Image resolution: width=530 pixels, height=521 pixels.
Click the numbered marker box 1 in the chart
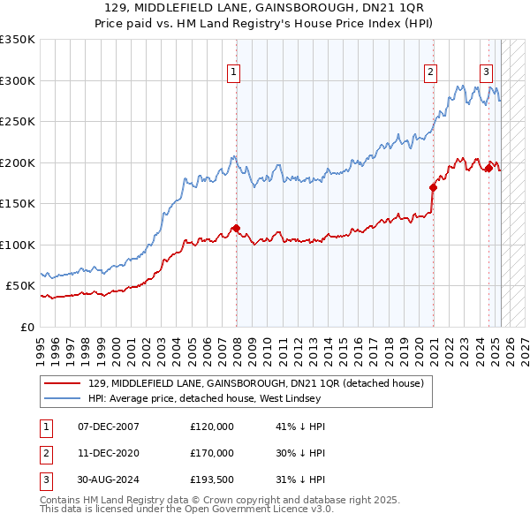[235, 72]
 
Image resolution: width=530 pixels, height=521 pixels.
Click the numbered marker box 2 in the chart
[430, 72]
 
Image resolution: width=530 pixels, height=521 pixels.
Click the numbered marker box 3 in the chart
[486, 72]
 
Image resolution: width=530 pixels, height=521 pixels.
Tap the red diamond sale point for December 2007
[236, 229]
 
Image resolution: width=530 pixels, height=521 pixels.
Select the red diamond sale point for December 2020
[434, 187]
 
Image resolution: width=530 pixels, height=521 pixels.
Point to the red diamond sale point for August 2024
[488, 169]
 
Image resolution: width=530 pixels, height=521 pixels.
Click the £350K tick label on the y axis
[18, 40]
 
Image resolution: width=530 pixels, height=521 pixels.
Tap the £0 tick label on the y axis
[26, 327]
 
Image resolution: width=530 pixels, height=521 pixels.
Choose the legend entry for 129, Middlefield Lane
[256, 383]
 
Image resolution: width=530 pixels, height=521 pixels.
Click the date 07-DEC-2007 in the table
[109, 427]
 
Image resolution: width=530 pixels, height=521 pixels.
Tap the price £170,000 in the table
[212, 453]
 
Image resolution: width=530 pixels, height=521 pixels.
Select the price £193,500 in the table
[212, 479]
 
